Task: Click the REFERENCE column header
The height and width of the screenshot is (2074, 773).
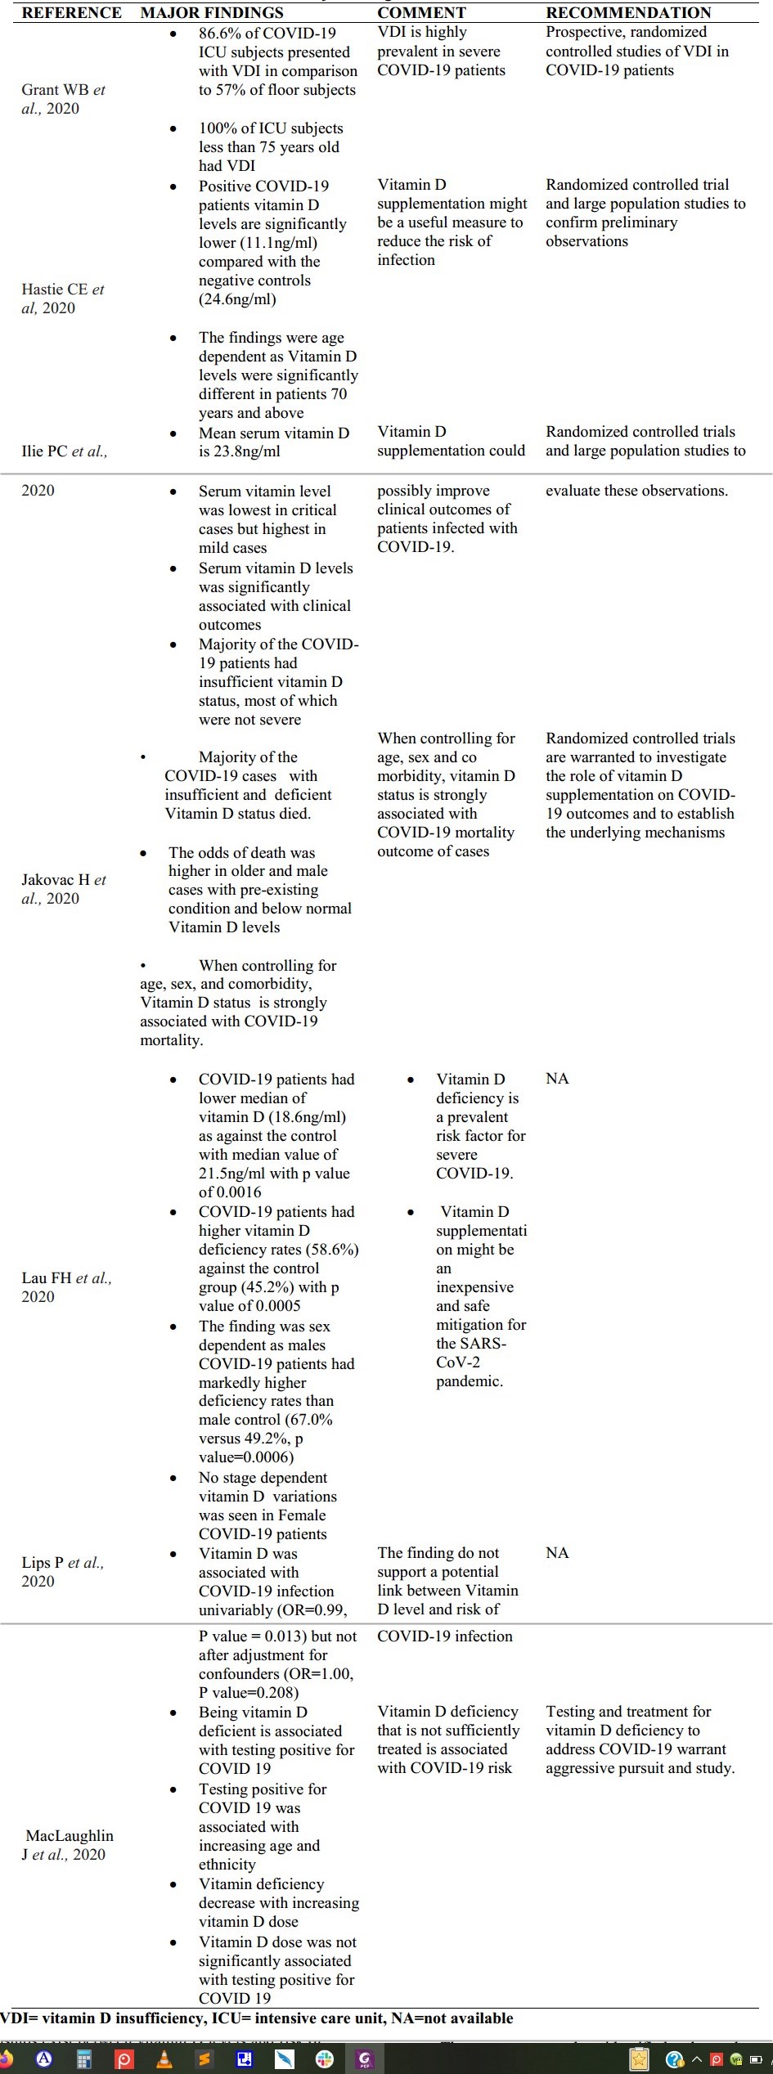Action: [x=71, y=12]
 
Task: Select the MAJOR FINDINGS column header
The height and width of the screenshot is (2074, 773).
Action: [x=212, y=12]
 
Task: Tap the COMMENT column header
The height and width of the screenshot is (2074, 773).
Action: [x=421, y=12]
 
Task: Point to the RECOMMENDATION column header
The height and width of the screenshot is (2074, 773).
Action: [x=628, y=12]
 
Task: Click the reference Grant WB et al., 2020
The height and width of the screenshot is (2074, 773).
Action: [x=63, y=99]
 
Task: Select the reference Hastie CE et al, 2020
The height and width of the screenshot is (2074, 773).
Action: [x=62, y=299]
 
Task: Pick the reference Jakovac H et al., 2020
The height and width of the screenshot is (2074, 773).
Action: [x=63, y=889]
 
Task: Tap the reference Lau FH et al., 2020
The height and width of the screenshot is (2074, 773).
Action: [x=65, y=1287]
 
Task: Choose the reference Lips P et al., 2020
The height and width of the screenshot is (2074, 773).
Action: [x=62, y=1572]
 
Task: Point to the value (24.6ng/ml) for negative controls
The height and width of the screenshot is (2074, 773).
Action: [x=237, y=299]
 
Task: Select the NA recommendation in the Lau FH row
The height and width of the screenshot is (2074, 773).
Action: [x=557, y=1079]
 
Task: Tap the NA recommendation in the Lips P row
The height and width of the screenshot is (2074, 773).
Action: [x=557, y=1553]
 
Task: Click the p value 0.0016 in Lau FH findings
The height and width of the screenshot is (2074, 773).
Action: [x=240, y=1192]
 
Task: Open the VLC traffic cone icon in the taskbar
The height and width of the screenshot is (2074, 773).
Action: [x=164, y=2059]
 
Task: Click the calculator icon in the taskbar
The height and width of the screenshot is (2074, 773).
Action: [x=84, y=2059]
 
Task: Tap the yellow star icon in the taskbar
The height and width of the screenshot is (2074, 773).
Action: [x=639, y=2059]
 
